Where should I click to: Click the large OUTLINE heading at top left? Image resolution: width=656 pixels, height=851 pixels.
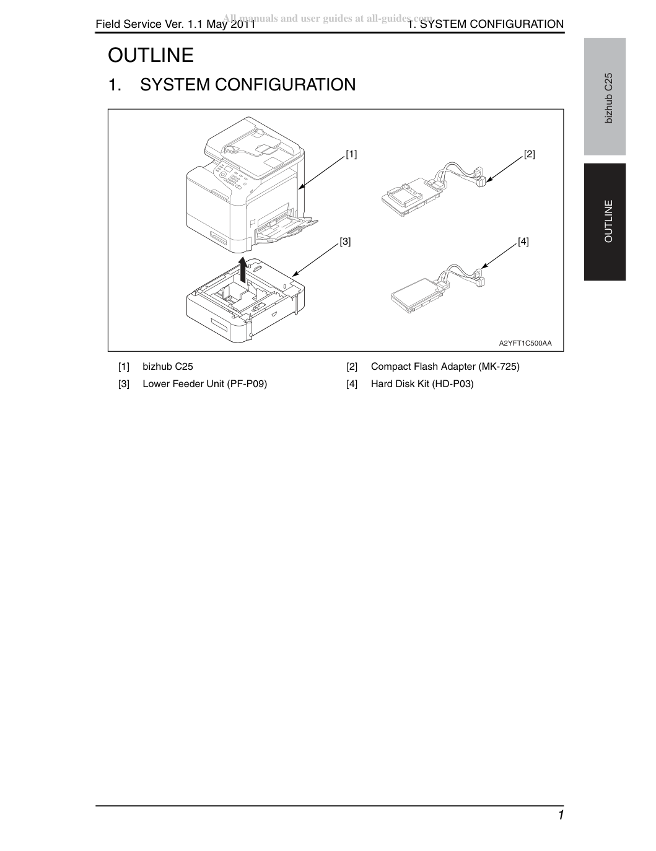(x=151, y=55)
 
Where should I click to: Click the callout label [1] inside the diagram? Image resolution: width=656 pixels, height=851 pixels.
(x=351, y=154)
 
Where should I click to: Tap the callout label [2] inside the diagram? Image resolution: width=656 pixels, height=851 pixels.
(x=530, y=154)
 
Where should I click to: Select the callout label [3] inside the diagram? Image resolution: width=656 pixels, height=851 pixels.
(x=345, y=242)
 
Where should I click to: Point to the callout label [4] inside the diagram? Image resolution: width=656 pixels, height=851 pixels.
(x=523, y=242)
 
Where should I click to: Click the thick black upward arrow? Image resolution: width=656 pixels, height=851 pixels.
(x=243, y=270)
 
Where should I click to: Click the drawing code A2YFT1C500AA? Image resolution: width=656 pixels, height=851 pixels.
(x=525, y=344)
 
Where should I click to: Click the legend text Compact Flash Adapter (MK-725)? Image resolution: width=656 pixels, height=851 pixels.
(x=445, y=367)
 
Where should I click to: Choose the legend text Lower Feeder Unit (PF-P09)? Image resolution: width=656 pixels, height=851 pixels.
(x=205, y=384)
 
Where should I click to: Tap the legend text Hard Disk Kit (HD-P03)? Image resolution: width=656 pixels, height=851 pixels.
(x=422, y=384)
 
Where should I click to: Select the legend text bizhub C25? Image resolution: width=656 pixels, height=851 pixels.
(x=168, y=367)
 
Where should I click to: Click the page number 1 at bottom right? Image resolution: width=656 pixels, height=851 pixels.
(x=561, y=815)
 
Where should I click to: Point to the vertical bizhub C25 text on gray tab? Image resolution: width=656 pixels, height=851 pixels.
(x=608, y=98)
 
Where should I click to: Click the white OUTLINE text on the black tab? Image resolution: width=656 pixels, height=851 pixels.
(x=608, y=221)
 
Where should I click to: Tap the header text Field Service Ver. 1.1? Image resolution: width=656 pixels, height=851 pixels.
(x=150, y=24)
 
